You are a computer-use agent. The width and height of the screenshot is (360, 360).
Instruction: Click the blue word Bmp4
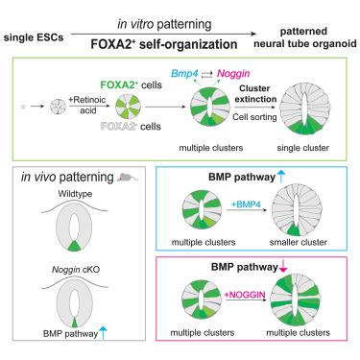(x=184, y=74)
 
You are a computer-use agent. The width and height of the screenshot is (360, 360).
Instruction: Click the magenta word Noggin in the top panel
(x=233, y=74)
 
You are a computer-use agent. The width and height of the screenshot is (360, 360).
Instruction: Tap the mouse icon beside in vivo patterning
(x=127, y=177)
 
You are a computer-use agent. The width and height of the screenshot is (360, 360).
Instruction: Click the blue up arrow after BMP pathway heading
(x=281, y=177)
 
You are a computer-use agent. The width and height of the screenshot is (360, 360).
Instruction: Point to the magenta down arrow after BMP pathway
(x=283, y=267)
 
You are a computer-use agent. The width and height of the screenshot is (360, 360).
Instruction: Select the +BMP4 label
(x=246, y=204)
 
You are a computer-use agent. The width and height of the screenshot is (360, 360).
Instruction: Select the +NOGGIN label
(x=245, y=295)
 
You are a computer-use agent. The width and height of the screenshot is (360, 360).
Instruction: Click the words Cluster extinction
(x=255, y=93)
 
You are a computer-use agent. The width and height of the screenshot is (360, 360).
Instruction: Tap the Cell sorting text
(x=254, y=117)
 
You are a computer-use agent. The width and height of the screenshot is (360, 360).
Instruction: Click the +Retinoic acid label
(x=86, y=105)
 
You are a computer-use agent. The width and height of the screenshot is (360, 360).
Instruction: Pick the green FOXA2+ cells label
(x=132, y=84)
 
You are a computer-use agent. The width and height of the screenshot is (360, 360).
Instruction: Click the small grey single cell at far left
(x=23, y=107)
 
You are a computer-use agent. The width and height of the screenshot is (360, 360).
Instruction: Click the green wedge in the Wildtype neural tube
(x=74, y=246)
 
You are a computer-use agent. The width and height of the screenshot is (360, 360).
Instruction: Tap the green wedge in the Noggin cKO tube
(x=74, y=322)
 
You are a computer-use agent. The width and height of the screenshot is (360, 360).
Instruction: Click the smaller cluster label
(x=298, y=242)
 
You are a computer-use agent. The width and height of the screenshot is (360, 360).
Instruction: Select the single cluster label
(x=302, y=148)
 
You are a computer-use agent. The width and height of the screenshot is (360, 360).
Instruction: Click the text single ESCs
(x=34, y=37)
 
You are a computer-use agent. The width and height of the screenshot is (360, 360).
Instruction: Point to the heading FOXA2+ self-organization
(x=164, y=44)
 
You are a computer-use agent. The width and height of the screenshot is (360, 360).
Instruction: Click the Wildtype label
(x=75, y=194)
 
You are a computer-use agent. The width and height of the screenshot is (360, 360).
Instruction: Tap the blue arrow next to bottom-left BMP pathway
(x=103, y=332)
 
